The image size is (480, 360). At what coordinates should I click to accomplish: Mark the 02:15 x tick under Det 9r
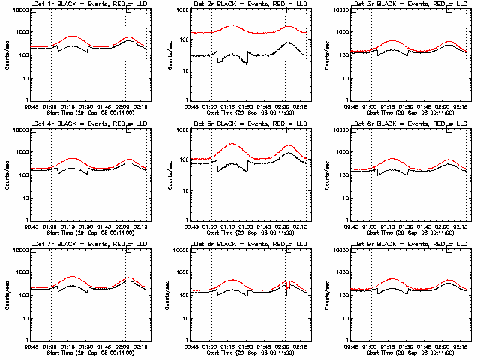pyautogui.click(x=465, y=347)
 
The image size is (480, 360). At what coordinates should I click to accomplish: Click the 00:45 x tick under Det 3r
pyautogui.click(x=349, y=108)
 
